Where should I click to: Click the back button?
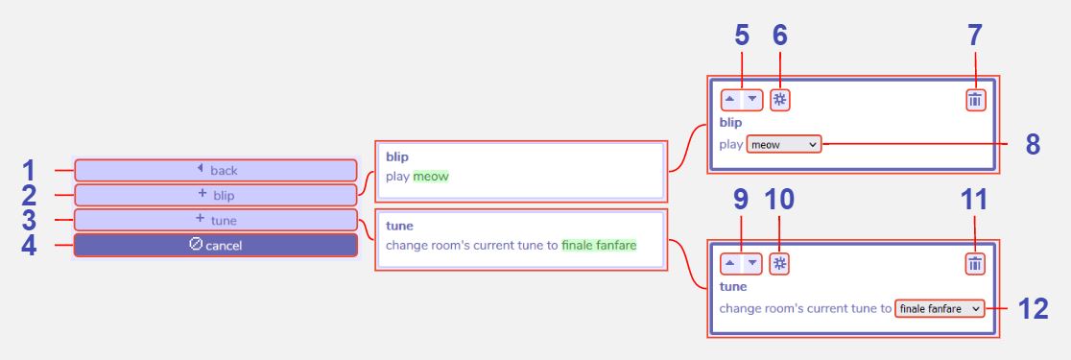click(x=216, y=170)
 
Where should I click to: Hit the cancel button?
click(x=216, y=245)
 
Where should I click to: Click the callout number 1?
click(x=29, y=171)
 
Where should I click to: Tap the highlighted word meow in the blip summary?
click(x=431, y=177)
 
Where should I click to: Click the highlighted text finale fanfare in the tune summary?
click(x=599, y=245)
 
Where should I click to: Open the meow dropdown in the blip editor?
click(x=783, y=144)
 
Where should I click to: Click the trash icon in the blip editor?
click(x=975, y=99)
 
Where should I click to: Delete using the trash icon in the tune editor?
click(x=975, y=264)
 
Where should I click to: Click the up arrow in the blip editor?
click(x=729, y=99)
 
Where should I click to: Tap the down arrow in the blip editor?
click(x=752, y=99)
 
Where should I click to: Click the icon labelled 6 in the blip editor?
click(x=780, y=99)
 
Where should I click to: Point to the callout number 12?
click(x=1032, y=308)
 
